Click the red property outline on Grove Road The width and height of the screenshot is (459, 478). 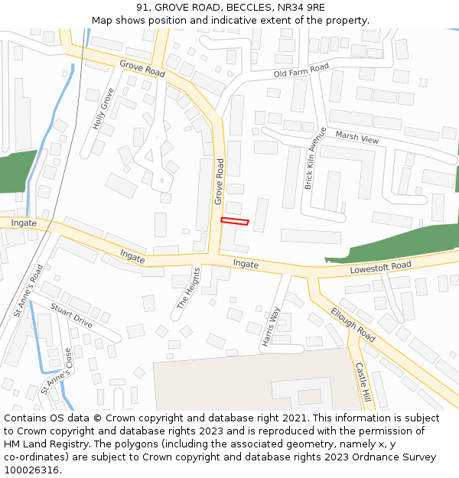235,222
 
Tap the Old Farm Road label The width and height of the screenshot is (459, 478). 301,71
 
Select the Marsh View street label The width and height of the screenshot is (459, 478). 357,138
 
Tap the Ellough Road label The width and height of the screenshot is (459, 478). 353,324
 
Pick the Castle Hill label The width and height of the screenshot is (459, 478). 363,382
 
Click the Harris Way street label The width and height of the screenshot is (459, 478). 271,327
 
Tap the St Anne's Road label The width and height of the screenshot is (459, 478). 28,291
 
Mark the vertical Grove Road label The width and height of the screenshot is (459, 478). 219,181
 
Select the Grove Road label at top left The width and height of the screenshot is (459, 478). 142,68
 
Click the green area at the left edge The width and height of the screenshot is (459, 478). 15,172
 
